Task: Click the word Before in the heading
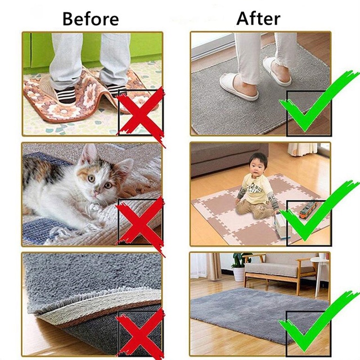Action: [x=90, y=19]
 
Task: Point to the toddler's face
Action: [x=258, y=167]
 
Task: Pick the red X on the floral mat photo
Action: [x=141, y=112]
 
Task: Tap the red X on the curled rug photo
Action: [x=141, y=332]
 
